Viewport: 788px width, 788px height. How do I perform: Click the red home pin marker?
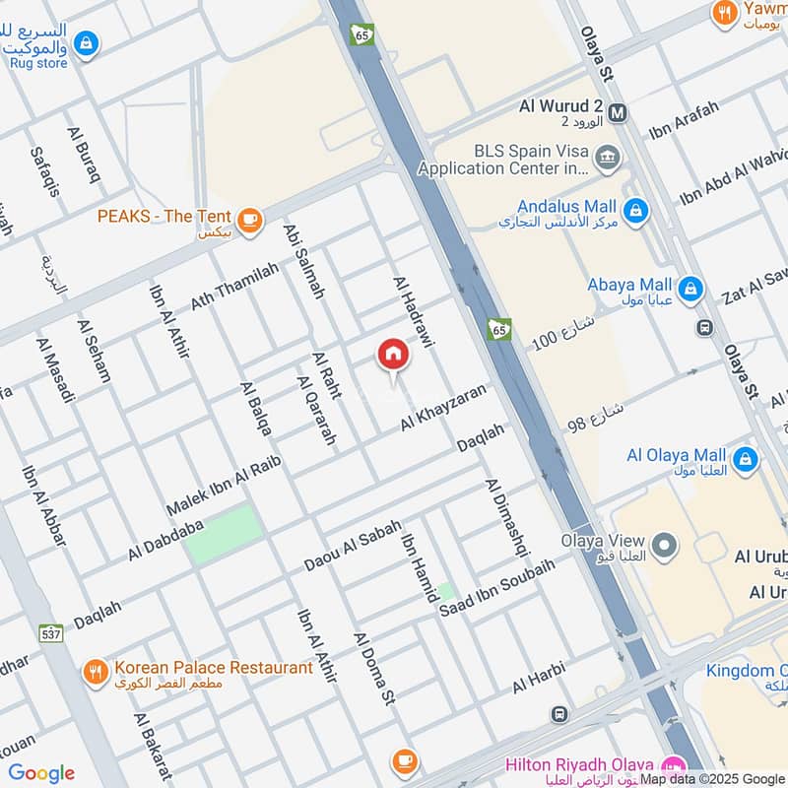click(x=392, y=355)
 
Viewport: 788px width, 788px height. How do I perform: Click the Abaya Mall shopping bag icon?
click(x=691, y=287)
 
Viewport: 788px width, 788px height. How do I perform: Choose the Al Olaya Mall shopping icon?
click(x=745, y=458)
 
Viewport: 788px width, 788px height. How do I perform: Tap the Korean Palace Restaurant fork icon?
click(x=96, y=672)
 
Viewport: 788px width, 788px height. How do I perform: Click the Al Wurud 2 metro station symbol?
click(x=618, y=111)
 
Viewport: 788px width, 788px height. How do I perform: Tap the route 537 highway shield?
click(x=51, y=632)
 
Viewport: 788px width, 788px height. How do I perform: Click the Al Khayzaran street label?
click(x=442, y=407)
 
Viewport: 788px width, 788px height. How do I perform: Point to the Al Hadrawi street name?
click(x=414, y=311)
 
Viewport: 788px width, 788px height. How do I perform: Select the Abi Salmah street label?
click(x=303, y=260)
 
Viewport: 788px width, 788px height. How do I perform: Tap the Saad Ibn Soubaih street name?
click(x=496, y=589)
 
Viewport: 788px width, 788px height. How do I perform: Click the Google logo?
click(x=41, y=773)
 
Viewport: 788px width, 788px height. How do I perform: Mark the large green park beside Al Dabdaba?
click(x=225, y=533)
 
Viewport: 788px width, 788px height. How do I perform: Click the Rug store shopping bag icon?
click(x=87, y=42)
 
